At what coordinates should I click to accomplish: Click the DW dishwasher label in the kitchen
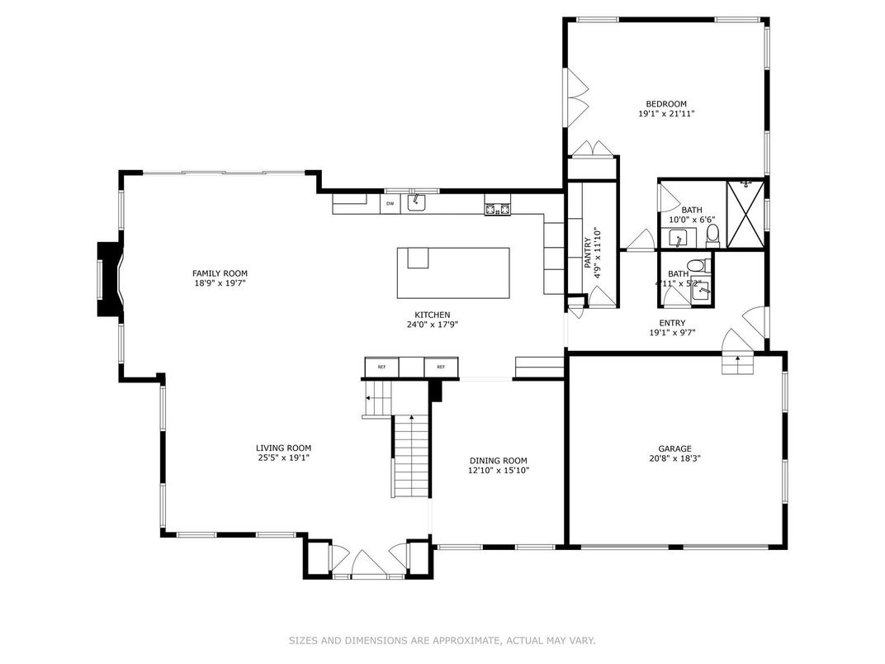click(390, 203)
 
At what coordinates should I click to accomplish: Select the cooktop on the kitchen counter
click(497, 208)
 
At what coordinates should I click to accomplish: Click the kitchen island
click(453, 273)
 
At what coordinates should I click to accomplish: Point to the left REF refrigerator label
click(381, 367)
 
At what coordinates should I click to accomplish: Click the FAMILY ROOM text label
click(220, 273)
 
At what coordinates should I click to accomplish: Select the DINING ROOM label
click(498, 461)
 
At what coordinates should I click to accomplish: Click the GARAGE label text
click(674, 448)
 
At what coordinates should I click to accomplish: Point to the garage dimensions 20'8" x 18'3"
click(674, 458)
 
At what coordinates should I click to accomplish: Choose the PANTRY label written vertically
click(588, 254)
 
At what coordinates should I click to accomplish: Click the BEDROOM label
click(665, 104)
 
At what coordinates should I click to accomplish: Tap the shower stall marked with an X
click(745, 213)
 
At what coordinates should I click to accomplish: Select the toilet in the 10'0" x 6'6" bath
click(713, 236)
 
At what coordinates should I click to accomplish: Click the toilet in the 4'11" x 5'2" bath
click(697, 266)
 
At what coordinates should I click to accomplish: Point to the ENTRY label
click(672, 323)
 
